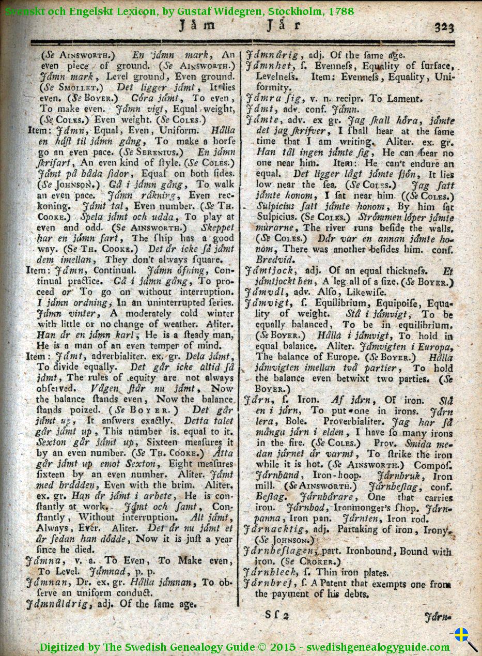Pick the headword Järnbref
click(x=268, y=584)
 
